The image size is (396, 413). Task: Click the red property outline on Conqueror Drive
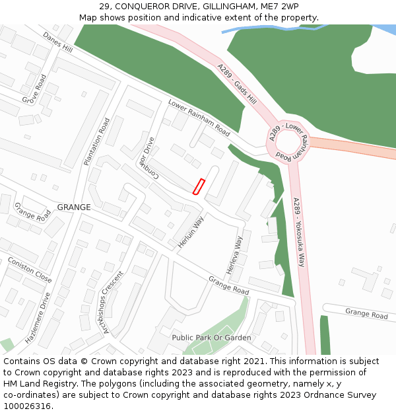tap(199, 186)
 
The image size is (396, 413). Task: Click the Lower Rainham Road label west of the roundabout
tap(199, 114)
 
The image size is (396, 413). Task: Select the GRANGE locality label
tap(74, 207)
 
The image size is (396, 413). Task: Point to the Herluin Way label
tap(191, 231)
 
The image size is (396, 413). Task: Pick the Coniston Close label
tap(30, 270)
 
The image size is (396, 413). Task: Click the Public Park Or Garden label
tap(211, 338)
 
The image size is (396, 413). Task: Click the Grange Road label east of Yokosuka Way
tap(366, 314)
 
